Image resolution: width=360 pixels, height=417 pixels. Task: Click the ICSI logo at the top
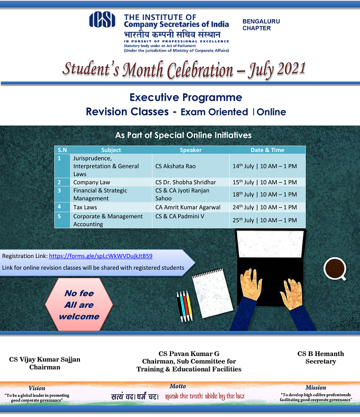(103, 20)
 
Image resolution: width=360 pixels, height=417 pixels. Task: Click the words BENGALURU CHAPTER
(261, 25)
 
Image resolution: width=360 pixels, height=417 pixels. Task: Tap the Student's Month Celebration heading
(184, 69)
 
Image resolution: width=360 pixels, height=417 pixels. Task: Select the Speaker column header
(191, 150)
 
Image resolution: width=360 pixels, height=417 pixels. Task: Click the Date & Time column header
(267, 150)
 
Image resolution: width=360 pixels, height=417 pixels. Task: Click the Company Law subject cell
(92, 182)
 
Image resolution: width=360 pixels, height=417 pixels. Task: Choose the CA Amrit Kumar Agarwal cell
(191, 207)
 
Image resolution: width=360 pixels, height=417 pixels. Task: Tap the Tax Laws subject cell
(86, 207)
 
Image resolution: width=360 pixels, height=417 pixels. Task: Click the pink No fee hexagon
(79, 305)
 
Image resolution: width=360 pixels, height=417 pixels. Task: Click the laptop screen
(271, 247)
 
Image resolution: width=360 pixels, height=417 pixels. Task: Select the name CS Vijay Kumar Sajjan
(45, 359)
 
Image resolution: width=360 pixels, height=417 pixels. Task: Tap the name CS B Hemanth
(320, 353)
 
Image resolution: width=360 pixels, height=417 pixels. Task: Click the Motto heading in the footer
(178, 386)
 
